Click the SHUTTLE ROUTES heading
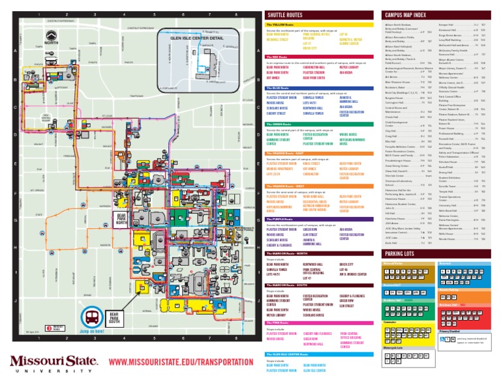point(285,14)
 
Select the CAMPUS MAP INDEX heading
point(414,14)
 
